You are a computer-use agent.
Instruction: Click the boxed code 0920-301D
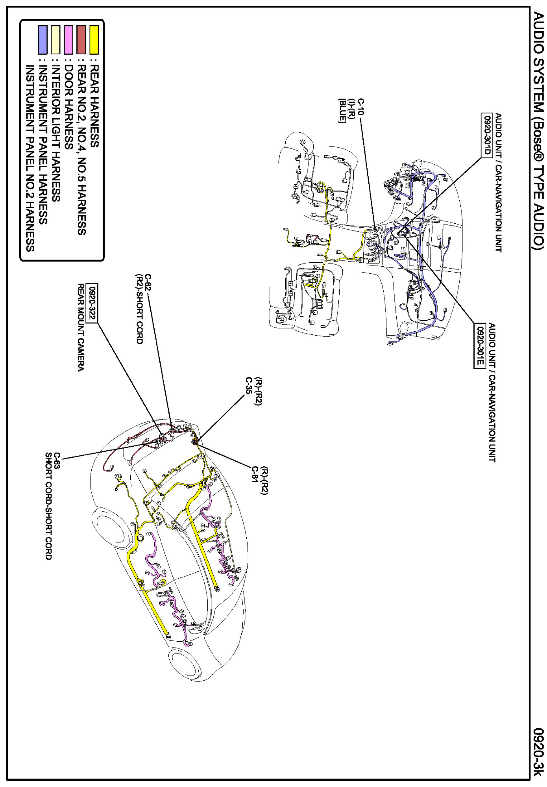(487, 135)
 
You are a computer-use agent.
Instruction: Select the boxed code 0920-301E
(479, 345)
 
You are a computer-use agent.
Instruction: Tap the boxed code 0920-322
(92, 303)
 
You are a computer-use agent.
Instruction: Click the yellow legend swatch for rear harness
(94, 40)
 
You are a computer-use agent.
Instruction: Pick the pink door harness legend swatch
(68, 40)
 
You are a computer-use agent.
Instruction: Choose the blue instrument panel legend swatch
(43, 40)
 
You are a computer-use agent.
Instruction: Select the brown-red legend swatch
(81, 40)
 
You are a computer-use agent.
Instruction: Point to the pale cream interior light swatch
(55, 40)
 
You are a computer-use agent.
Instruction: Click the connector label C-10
(361, 107)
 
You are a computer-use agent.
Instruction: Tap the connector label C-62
(148, 282)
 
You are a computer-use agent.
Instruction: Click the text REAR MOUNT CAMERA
(80, 327)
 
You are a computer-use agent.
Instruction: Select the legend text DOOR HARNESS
(68, 107)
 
